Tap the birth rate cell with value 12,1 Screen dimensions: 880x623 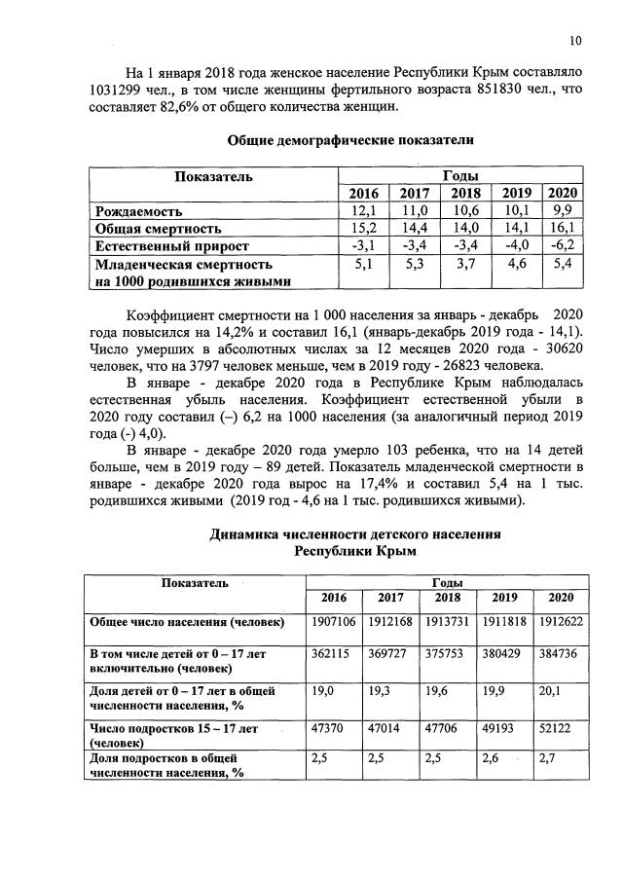coord(363,210)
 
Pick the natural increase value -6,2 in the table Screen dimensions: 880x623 coord(563,245)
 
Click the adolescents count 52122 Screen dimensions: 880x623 coord(557,726)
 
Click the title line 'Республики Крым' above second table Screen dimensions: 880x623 coord(355,551)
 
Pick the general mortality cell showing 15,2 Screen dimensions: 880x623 coord(363,228)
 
